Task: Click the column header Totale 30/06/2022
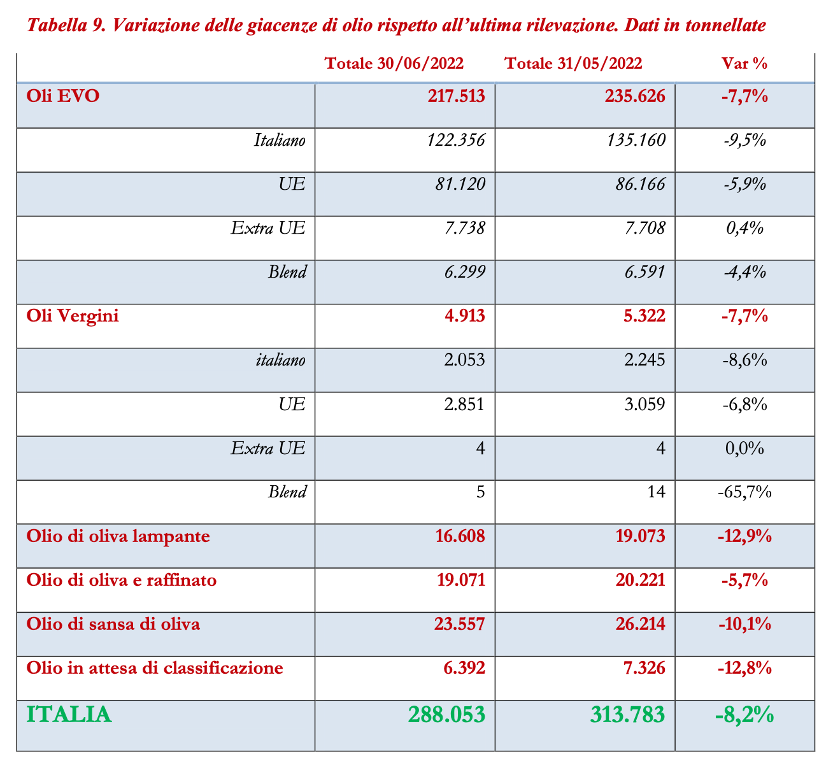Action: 394,64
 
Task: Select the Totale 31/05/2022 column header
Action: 573,64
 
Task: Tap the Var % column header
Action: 744,64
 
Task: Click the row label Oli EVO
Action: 63,96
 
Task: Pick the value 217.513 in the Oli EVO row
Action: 457,96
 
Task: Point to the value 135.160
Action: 637,139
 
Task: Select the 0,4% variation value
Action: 744,228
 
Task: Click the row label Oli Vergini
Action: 73,316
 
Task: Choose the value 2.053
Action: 464,360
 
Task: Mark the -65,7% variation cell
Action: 744,492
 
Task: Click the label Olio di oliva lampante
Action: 118,536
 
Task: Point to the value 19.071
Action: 460,580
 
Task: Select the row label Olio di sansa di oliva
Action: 113,624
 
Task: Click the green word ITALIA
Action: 69,715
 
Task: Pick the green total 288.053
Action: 447,715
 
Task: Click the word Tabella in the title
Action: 55,27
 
